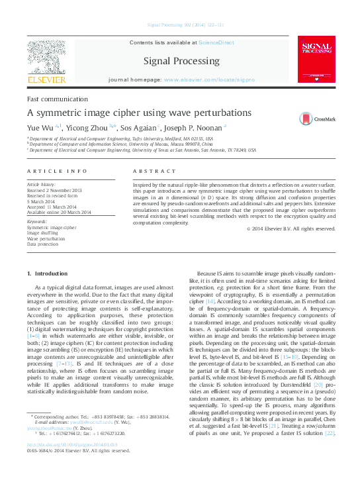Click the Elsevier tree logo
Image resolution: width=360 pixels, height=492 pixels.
[46, 58]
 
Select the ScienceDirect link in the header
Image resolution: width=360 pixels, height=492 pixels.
[216, 42]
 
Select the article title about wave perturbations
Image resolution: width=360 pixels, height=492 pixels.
[129, 112]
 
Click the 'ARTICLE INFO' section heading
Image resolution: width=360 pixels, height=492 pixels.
[57, 170]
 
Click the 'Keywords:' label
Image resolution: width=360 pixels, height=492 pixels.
[37, 221]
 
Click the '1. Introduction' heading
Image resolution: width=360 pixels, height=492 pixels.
[46, 273]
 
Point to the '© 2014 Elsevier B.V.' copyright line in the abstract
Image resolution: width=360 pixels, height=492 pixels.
[291, 228]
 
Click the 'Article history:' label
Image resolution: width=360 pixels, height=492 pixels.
[41, 183]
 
